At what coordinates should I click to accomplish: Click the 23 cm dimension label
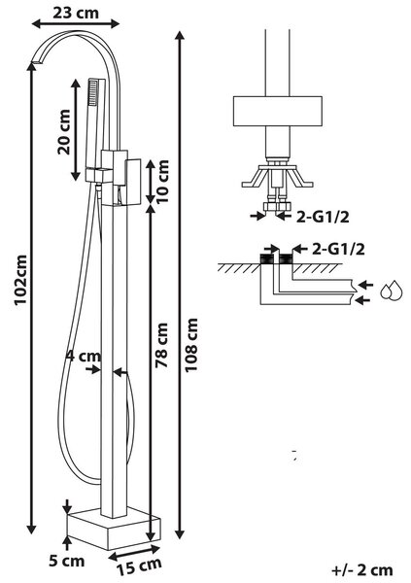76,13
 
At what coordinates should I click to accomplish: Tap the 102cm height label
20,280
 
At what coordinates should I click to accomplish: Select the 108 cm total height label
191,345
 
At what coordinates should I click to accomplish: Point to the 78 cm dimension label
162,345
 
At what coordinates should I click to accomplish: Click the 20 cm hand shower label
63,131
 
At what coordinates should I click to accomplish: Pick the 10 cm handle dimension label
162,181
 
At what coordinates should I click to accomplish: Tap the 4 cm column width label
84,357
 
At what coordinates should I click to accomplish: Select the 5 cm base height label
67,561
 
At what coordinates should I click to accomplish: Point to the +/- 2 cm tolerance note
361,569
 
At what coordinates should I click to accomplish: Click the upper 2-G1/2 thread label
323,217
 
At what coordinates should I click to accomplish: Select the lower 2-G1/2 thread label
338,249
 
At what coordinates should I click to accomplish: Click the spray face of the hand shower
92,91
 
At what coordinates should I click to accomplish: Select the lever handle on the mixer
133,182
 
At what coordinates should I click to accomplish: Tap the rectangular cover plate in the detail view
278,111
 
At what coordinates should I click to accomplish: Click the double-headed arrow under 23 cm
76,24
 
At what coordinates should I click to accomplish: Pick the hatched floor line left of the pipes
238,267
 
